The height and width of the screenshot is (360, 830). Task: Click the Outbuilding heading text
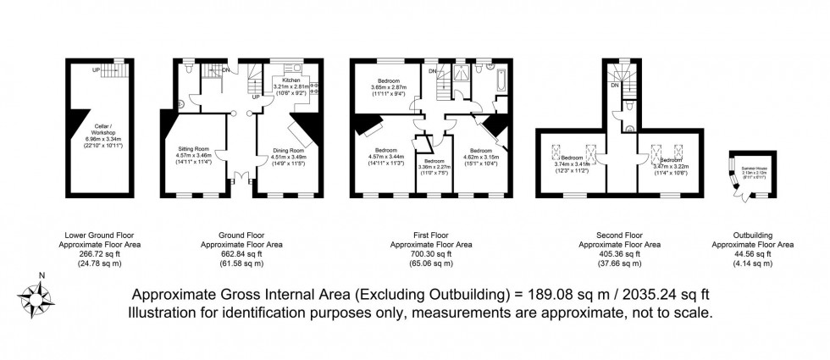[751, 234]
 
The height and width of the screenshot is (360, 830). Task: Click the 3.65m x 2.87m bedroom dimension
[390, 87]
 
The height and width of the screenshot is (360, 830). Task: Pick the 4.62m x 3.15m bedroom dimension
[480, 157]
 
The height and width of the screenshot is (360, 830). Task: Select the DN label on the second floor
[616, 85]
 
